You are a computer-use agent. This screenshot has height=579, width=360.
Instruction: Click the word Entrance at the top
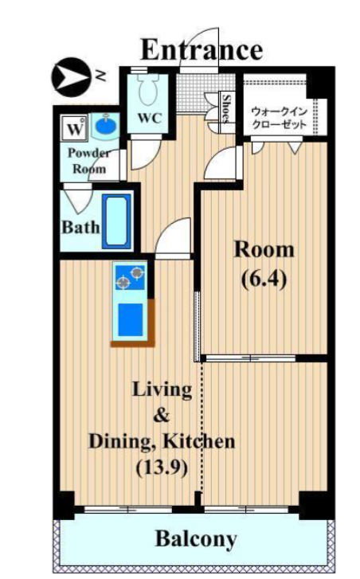click(202, 50)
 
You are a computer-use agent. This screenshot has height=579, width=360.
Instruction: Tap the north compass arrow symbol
click(70, 77)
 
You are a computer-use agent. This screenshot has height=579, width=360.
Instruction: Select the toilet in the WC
click(148, 89)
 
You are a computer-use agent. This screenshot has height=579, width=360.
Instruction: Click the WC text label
click(150, 118)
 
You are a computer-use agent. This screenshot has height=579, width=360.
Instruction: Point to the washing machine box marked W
click(75, 129)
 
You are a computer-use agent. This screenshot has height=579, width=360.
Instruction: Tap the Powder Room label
click(89, 161)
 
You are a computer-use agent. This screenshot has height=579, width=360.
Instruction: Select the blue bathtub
click(116, 221)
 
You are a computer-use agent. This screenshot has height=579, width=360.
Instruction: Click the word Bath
click(80, 227)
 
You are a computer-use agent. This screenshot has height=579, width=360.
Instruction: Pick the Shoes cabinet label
click(226, 109)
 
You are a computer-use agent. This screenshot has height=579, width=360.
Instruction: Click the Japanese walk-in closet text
click(279, 117)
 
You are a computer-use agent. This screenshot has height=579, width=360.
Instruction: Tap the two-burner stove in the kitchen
click(130, 277)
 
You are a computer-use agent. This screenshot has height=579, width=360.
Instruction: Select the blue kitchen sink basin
click(131, 320)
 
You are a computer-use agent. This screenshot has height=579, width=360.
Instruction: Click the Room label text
click(264, 249)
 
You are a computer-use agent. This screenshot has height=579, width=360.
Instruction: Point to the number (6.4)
click(264, 280)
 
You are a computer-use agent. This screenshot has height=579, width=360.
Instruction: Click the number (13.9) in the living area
click(162, 468)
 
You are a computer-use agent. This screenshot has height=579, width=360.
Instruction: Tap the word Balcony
click(196, 539)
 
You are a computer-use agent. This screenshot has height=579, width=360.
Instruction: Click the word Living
click(162, 391)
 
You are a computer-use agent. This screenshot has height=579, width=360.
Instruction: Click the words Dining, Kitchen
click(162, 442)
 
